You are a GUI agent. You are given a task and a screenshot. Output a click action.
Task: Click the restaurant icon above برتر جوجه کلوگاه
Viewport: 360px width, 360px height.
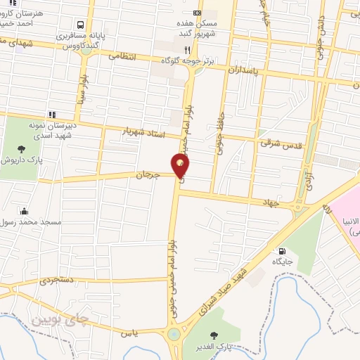click(186, 50)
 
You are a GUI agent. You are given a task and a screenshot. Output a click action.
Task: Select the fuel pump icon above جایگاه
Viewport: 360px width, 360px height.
click(282, 251)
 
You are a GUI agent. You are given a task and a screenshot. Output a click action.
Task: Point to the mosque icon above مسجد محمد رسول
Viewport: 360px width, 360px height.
click(25, 210)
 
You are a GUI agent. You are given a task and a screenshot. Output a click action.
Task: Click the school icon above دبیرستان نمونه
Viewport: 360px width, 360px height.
click(51, 115)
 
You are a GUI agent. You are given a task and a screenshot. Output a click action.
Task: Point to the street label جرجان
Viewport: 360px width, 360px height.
click(144, 174)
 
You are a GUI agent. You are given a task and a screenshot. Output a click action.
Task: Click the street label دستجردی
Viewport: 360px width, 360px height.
click(57, 281)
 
